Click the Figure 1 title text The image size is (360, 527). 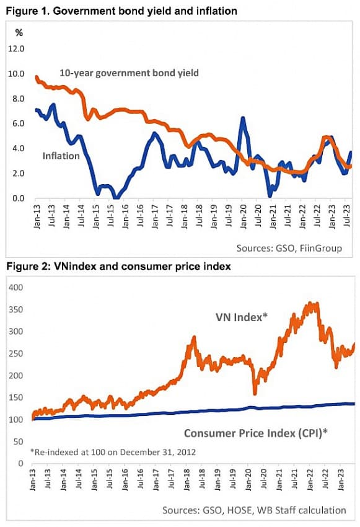click(x=121, y=11)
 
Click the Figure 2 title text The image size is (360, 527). click(x=118, y=267)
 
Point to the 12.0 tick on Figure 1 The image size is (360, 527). click(x=16, y=49)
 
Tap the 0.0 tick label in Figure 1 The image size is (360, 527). click(x=18, y=198)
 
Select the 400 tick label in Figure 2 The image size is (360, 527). click(x=16, y=287)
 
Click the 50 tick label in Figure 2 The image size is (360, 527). click(x=19, y=441)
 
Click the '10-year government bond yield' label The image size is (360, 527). click(x=130, y=73)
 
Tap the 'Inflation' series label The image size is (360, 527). click(x=61, y=156)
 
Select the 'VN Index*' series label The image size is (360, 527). click(x=242, y=317)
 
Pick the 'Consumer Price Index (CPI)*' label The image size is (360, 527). click(x=255, y=433)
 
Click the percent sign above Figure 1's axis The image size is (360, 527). click(x=19, y=33)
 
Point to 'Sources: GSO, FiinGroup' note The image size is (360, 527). click(x=289, y=249)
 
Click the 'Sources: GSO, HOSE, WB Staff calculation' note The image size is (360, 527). click(x=254, y=510)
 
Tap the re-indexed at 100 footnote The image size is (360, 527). click(x=113, y=452)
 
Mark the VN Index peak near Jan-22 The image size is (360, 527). click(x=310, y=304)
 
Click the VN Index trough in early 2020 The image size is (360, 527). click(x=255, y=392)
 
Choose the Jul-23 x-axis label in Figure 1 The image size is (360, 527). click(x=347, y=216)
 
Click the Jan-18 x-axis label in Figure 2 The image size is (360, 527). click(x=187, y=480)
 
